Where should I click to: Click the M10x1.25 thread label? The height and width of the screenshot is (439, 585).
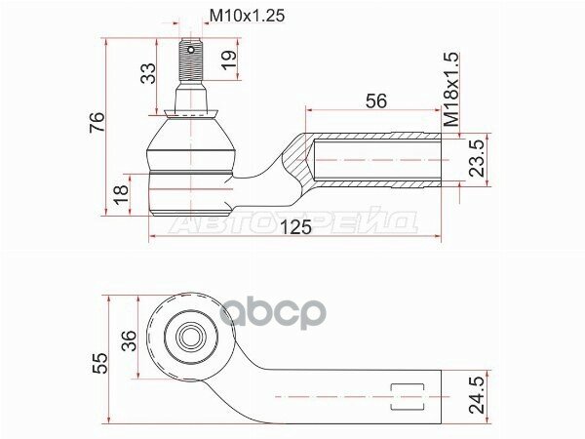(x=249, y=16)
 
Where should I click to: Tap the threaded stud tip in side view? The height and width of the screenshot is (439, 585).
(x=190, y=45)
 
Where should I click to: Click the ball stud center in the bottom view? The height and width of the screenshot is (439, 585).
(x=189, y=337)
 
